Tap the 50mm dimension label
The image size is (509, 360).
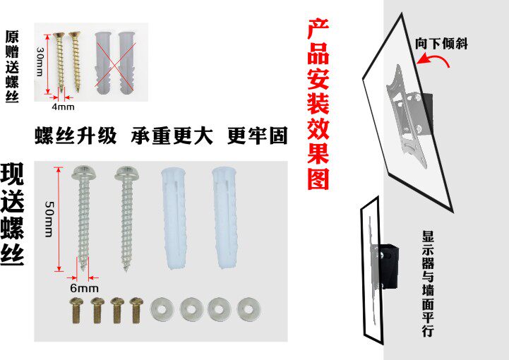tap(49, 218)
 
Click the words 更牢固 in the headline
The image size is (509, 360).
tap(257, 136)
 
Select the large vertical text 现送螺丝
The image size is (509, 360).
tap(13, 215)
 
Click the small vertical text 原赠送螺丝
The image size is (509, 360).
tap(12, 67)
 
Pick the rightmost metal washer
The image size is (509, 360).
tap(248, 308)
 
